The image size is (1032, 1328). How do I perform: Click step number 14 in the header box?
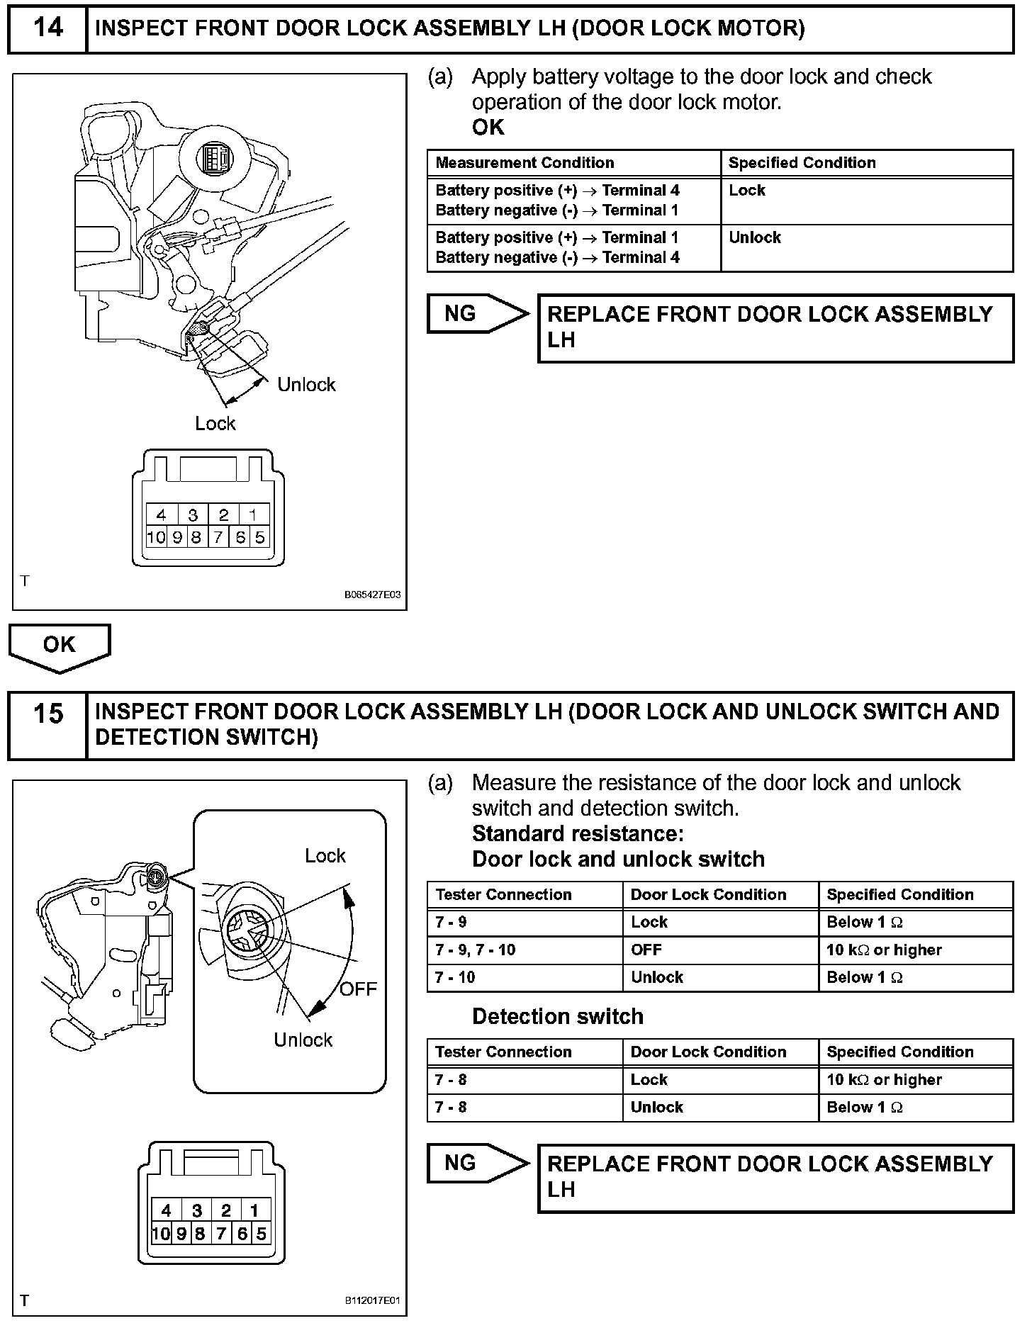pyautogui.click(x=47, y=28)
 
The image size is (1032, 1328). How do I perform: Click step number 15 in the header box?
pyautogui.click(x=47, y=714)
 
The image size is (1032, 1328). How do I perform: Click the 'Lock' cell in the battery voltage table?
pyautogui.click(x=747, y=191)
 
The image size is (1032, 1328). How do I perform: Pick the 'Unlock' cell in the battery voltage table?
pyautogui.click(x=755, y=238)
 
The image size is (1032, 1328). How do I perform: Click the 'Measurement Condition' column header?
pyautogui.click(x=525, y=163)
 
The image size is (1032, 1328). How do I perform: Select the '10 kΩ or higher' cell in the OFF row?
pyautogui.click(x=884, y=950)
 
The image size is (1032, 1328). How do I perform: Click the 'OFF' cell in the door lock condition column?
pyautogui.click(x=646, y=950)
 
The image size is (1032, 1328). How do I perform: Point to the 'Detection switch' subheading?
pyautogui.click(x=558, y=1016)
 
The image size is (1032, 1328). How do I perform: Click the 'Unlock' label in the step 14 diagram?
pyautogui.click(x=306, y=385)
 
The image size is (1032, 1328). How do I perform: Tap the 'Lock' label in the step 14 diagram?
pyautogui.click(x=215, y=424)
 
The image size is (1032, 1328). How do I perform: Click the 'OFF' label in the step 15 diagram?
pyautogui.click(x=358, y=989)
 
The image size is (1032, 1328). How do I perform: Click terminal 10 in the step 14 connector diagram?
pyautogui.click(x=155, y=538)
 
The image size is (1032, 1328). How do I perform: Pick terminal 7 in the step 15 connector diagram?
pyautogui.click(x=221, y=1234)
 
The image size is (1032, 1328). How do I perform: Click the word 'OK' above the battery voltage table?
pyautogui.click(x=488, y=128)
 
